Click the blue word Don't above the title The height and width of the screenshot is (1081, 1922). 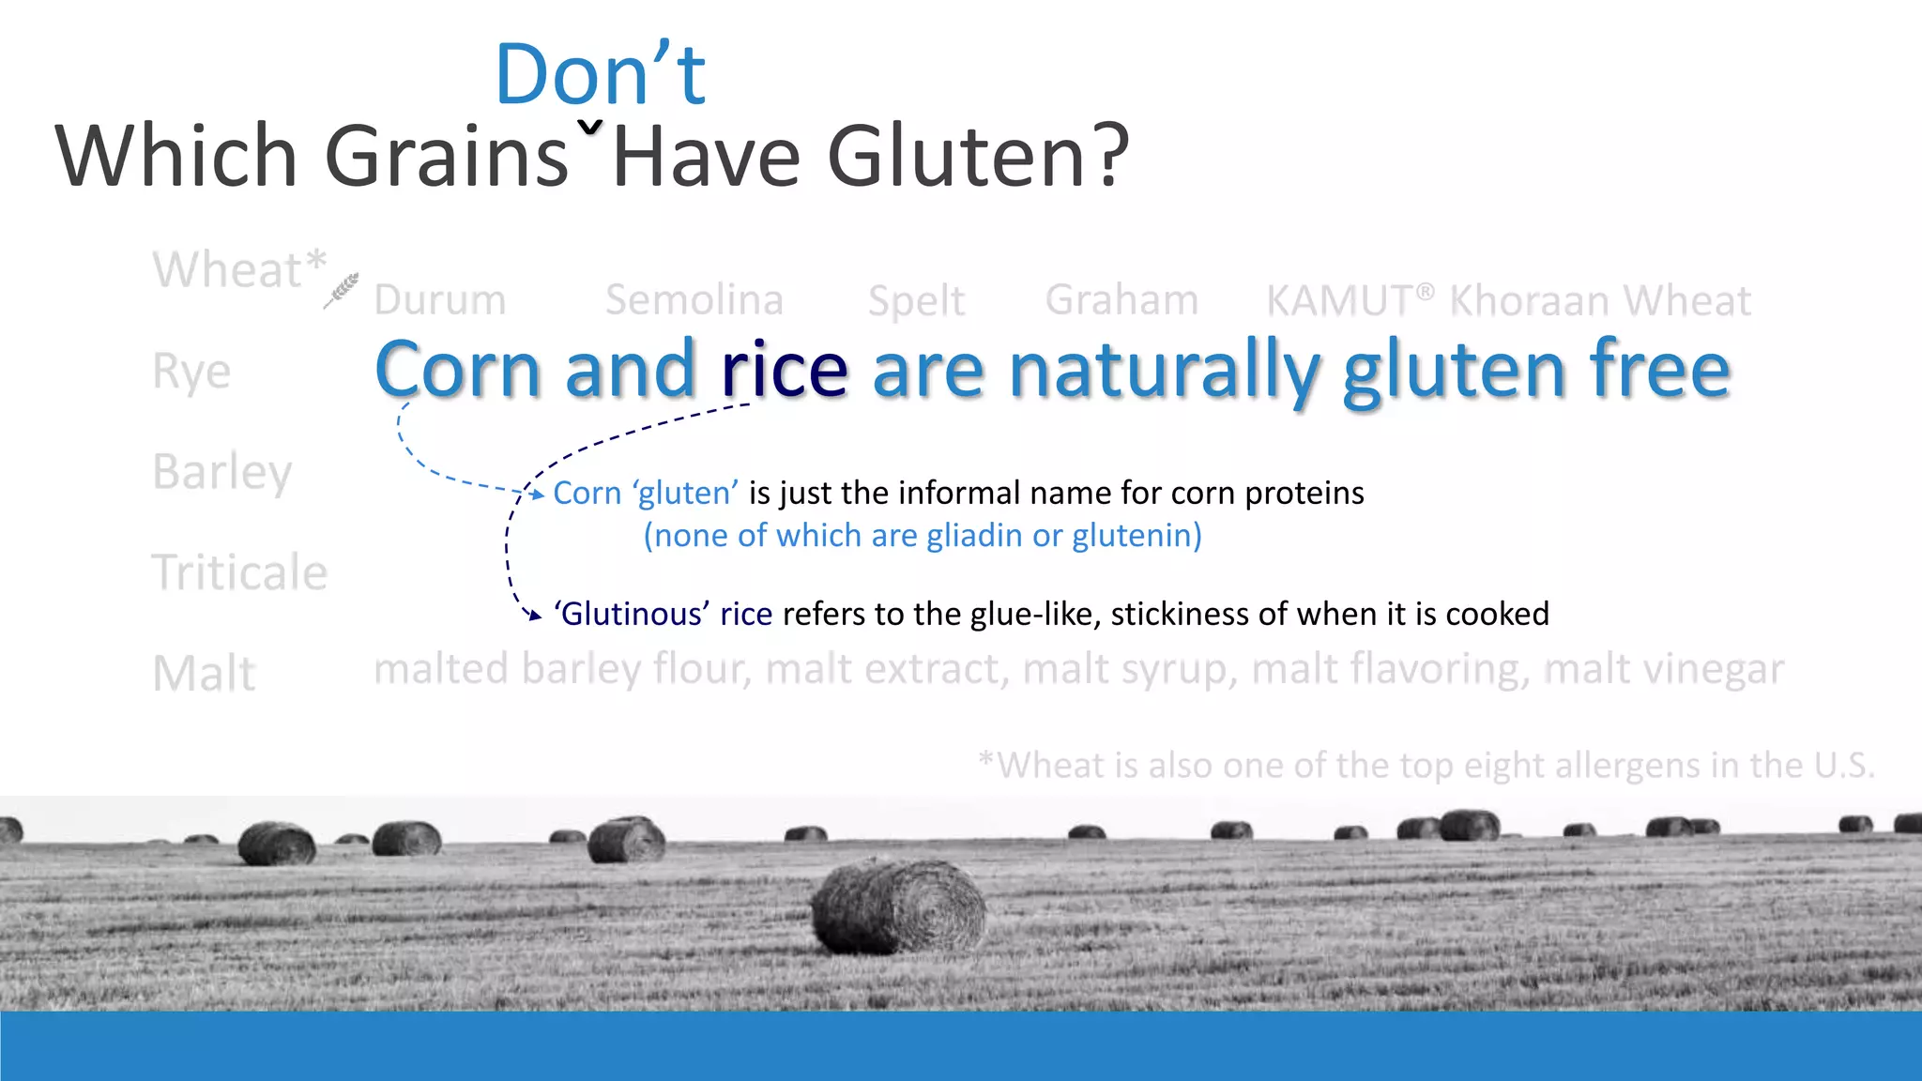point(601,75)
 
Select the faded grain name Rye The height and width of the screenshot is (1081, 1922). point(191,372)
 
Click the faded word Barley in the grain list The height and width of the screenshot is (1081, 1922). point(222,472)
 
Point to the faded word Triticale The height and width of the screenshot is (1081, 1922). point(240,572)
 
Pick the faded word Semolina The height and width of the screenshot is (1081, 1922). point(694,300)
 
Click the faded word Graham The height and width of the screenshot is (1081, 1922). point(1121,300)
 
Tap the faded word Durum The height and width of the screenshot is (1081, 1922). point(440,300)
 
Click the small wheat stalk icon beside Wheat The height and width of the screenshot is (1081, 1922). point(342,290)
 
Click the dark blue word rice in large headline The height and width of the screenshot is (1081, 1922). point(785,371)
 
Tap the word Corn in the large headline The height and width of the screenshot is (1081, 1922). point(457,371)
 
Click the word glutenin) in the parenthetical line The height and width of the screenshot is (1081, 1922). point(1136,536)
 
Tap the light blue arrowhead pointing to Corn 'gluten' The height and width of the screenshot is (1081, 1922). point(538,494)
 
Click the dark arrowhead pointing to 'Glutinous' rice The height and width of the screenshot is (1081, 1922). point(535,616)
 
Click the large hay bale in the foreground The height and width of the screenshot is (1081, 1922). point(898,907)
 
